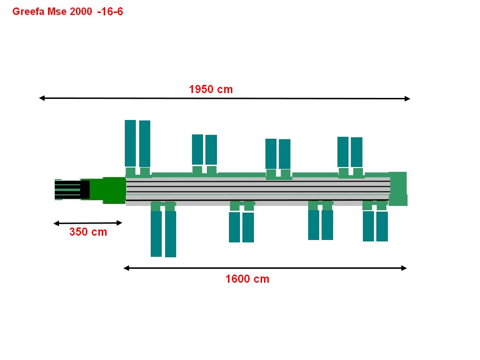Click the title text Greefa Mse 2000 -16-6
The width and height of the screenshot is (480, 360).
tap(68, 12)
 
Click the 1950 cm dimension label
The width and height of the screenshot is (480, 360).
tap(211, 89)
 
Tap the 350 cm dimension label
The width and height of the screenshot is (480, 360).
tap(88, 232)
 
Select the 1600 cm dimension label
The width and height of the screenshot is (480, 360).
tap(247, 279)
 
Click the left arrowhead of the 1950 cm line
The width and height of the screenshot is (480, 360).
tap(42, 98)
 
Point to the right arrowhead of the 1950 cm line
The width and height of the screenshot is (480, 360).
tap(407, 98)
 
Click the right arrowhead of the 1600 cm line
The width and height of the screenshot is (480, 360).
tap(404, 268)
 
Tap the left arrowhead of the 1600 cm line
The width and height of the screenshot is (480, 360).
tap(126, 268)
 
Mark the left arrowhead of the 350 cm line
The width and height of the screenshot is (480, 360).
tap(56, 224)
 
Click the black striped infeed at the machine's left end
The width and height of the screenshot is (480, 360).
tap(72, 190)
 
